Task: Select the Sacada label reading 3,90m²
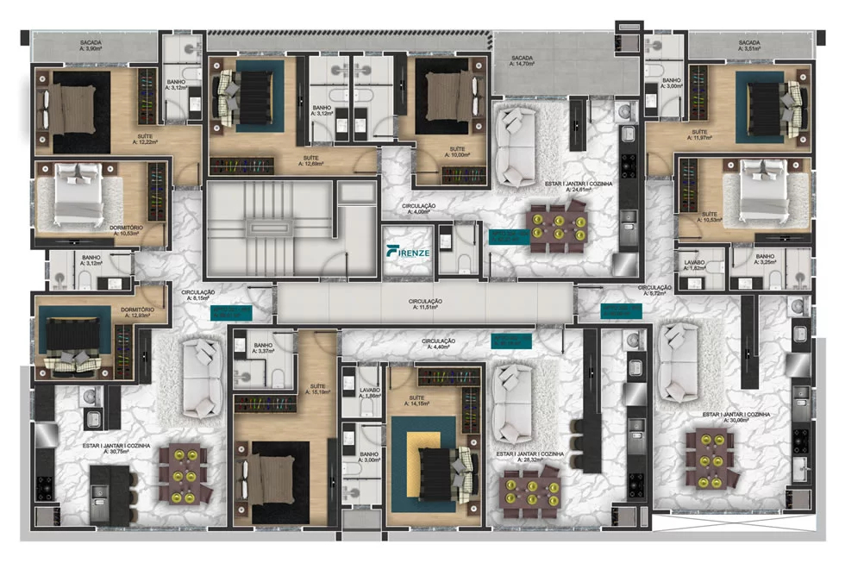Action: pos(93,45)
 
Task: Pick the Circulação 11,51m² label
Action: pos(425,303)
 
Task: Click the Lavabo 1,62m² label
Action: pos(696,263)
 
